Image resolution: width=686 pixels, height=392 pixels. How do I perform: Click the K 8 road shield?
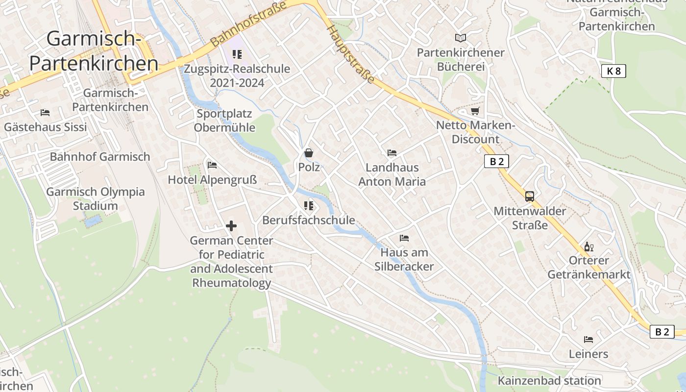613,71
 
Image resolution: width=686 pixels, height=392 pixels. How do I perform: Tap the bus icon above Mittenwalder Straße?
530,196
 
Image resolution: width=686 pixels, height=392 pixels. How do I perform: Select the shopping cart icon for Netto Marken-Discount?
475,111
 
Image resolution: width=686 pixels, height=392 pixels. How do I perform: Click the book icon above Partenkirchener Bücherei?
460,38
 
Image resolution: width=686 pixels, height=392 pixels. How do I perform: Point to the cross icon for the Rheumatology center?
231,226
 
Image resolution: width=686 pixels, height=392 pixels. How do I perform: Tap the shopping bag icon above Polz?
309,153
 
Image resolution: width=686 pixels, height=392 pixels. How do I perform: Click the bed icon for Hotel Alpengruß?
212,165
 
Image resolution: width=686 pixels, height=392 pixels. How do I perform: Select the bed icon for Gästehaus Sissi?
45,113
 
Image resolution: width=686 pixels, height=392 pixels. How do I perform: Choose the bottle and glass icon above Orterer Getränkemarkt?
588,246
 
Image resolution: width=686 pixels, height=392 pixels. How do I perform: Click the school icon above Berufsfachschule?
308,206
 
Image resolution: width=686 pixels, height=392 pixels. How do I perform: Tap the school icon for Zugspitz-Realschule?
237,54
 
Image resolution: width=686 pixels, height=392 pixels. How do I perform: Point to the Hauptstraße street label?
351,54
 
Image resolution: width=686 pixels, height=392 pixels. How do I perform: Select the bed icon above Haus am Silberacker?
404,238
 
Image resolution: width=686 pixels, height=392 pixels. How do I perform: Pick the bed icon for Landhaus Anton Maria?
392,153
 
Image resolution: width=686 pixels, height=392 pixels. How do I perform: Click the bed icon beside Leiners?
588,339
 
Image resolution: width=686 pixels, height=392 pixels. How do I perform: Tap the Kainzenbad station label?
549,381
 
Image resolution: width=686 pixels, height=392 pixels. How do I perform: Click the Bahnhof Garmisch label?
100,157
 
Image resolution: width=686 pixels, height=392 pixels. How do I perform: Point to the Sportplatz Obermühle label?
224,121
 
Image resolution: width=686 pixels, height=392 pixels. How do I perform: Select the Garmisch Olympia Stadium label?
96,198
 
